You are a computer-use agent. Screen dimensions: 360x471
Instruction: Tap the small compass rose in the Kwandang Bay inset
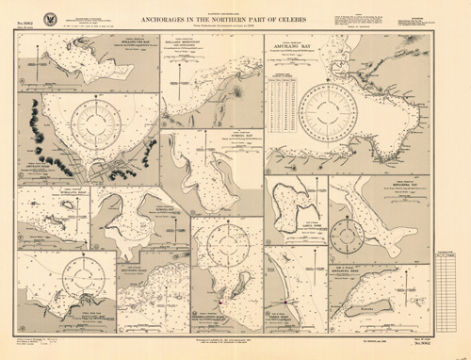click(346, 231)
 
